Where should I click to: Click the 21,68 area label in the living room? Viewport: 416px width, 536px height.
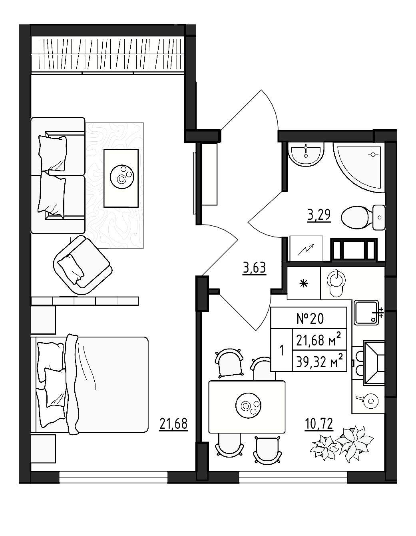(173, 424)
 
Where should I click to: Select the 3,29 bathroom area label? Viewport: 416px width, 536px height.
(319, 215)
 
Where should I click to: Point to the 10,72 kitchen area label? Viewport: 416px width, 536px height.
(319, 424)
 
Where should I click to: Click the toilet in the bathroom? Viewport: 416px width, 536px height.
(363, 217)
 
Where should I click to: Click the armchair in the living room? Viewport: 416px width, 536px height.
(83, 265)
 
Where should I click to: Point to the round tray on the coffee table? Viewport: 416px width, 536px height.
(122, 177)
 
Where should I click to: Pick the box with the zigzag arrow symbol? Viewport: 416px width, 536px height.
(306, 249)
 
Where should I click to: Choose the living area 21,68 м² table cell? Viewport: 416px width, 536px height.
(320, 340)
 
